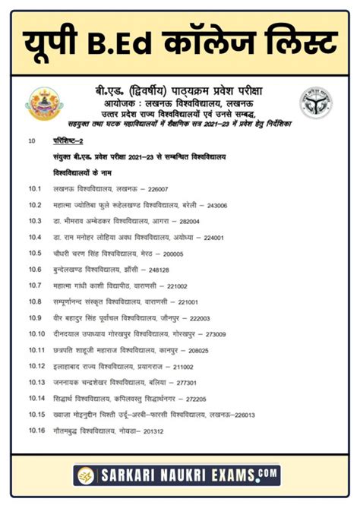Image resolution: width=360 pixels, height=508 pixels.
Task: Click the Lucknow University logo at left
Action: (x=42, y=103)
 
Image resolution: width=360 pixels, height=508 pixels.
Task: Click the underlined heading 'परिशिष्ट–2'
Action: (x=70, y=141)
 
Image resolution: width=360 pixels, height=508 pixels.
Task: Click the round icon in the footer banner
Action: (x=84, y=475)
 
